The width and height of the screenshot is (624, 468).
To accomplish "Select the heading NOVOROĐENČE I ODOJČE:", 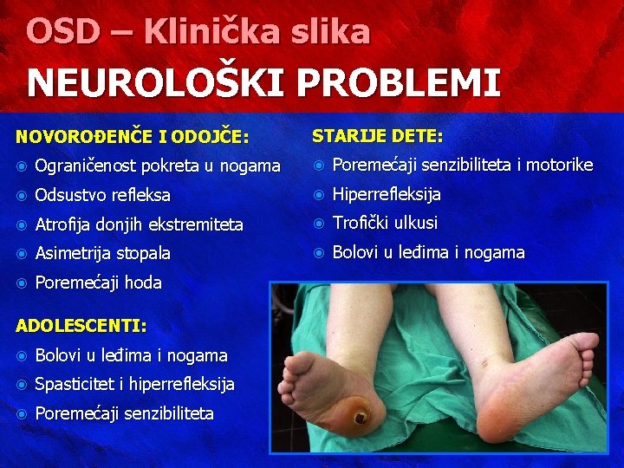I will [x=133, y=136].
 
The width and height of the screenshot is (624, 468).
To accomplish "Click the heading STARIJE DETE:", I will [x=377, y=136].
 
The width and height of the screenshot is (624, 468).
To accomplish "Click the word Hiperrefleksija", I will [x=387, y=194].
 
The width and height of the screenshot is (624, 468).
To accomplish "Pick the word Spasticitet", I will [x=75, y=384].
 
